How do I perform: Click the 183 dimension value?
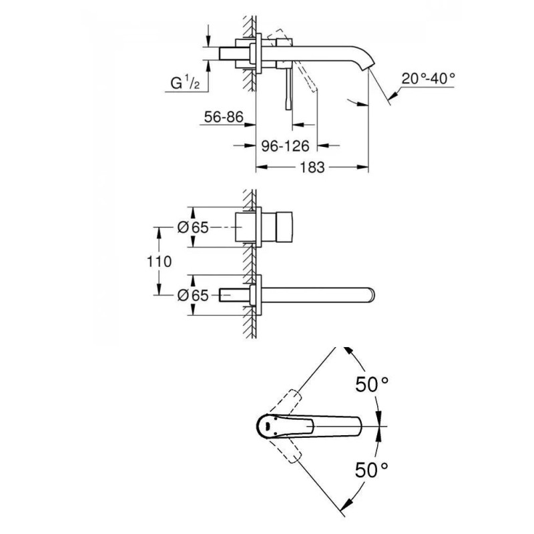point(312,168)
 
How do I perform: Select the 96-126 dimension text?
point(286,146)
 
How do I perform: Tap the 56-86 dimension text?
point(224,117)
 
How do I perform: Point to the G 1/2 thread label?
point(185,83)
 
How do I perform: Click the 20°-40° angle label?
point(428,79)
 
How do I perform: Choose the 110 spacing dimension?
point(159,262)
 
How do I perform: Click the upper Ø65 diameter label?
point(193,227)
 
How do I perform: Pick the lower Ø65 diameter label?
point(193,295)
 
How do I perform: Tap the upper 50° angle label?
point(372,385)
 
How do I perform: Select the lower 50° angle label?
point(371,471)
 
